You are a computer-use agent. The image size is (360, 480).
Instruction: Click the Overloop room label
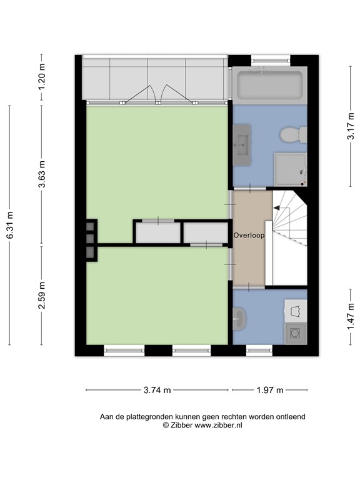click(249, 236)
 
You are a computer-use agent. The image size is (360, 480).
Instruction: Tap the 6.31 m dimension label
click(10, 225)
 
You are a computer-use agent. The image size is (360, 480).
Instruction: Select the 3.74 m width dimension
click(157, 390)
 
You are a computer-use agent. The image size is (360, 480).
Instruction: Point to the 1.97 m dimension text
click(270, 390)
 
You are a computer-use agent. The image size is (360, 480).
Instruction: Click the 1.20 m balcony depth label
click(42, 76)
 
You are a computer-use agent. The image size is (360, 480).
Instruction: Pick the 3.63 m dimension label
click(42, 174)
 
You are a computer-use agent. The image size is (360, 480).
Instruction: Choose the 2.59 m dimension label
click(42, 295)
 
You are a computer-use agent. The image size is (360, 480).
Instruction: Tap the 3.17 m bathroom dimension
click(351, 126)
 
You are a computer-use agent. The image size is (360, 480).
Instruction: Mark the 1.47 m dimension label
click(351, 317)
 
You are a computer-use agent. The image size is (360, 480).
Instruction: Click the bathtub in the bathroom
click(270, 86)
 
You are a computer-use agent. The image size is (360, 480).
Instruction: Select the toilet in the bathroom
click(294, 135)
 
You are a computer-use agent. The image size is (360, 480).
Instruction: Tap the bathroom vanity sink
click(242, 144)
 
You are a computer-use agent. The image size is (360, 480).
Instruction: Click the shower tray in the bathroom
click(291, 169)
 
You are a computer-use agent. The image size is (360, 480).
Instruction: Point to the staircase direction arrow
click(276, 208)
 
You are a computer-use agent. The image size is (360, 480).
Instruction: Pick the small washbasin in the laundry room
click(239, 319)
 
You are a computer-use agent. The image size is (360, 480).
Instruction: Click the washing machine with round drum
click(296, 333)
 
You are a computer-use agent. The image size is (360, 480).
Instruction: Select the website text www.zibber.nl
click(219, 425)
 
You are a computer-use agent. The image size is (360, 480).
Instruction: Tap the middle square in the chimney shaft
click(90, 238)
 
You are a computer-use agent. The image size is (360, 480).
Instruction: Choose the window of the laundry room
click(259, 351)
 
